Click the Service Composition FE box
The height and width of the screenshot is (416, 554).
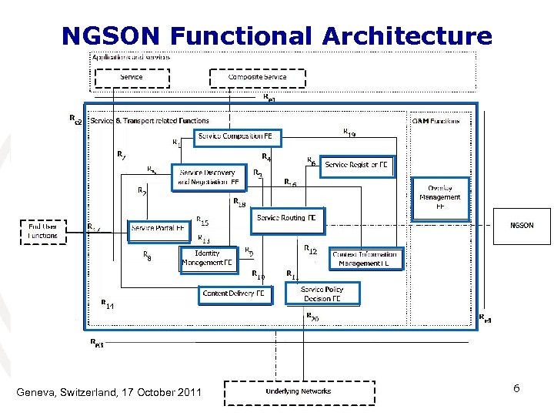(x=239, y=137)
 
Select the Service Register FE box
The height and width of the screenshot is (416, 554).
(x=357, y=166)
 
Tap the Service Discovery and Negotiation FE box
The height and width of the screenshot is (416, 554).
(x=209, y=178)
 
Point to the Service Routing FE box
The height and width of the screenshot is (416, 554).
(x=287, y=219)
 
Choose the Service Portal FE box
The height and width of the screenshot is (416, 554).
(x=159, y=229)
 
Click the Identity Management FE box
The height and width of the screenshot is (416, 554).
(x=207, y=258)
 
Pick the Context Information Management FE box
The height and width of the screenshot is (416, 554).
(x=365, y=259)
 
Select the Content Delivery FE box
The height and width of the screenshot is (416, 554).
(x=235, y=294)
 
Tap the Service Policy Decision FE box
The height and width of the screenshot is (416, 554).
(x=322, y=294)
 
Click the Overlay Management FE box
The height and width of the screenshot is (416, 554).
(x=439, y=197)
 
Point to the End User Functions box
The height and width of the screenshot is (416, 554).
(x=43, y=231)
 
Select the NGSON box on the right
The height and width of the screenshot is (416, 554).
(x=522, y=226)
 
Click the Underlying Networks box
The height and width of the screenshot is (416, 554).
(x=299, y=391)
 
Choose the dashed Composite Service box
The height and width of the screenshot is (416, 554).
(x=257, y=78)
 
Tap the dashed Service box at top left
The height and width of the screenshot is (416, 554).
(x=132, y=78)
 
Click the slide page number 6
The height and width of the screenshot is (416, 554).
(x=517, y=389)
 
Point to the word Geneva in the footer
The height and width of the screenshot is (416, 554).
(x=36, y=394)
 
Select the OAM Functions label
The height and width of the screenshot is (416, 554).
(x=436, y=121)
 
